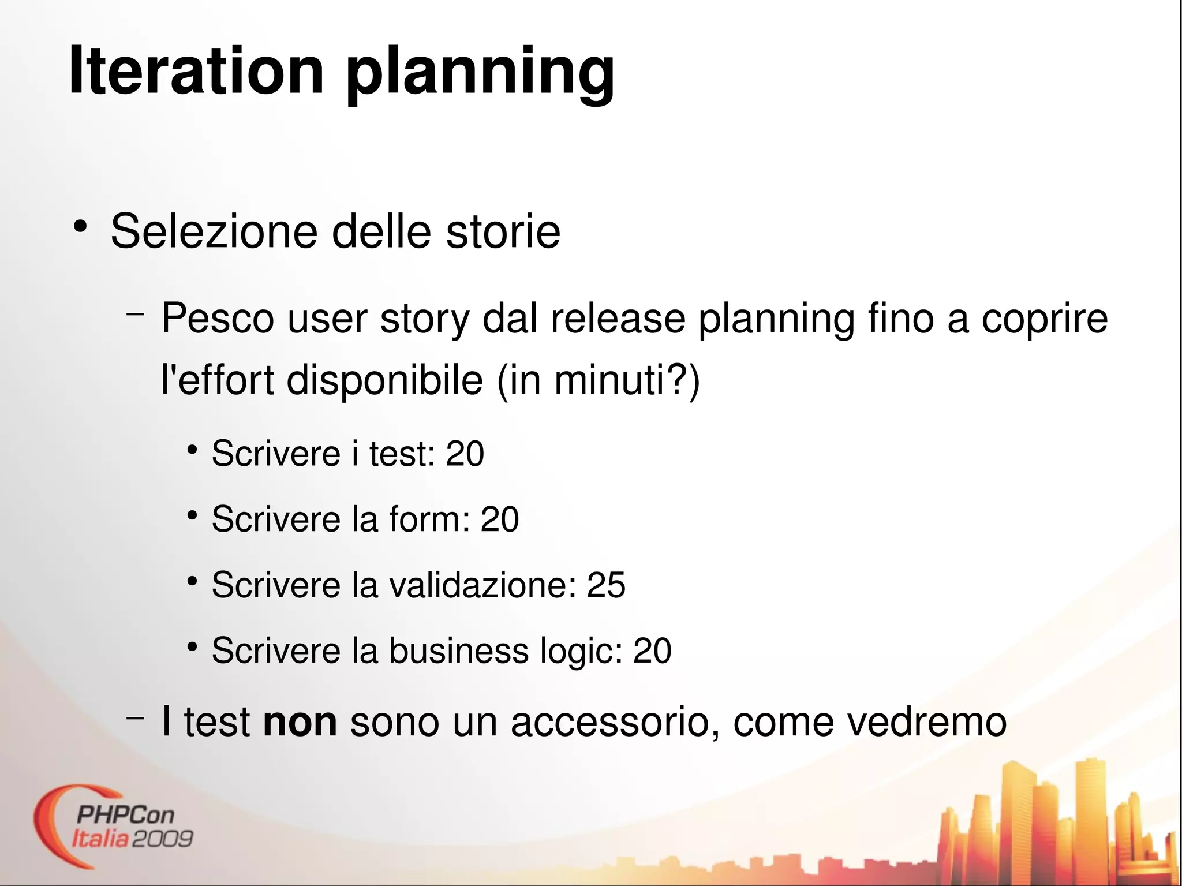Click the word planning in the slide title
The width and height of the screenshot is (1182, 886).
480,74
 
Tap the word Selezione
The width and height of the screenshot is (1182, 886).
214,231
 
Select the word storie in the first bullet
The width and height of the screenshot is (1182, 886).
503,231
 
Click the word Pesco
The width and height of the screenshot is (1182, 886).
218,318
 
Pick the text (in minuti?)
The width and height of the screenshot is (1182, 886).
599,381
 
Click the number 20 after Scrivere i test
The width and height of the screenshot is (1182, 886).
465,454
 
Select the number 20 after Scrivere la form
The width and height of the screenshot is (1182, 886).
500,519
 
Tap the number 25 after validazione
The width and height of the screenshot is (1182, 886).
606,585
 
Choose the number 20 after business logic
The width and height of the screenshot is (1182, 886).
652,651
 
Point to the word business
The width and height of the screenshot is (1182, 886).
459,651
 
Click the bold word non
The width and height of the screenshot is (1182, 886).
300,723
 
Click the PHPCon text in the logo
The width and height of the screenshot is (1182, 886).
125,815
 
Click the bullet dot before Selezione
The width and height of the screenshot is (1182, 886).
80,226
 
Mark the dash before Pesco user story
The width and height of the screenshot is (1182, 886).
135,315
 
